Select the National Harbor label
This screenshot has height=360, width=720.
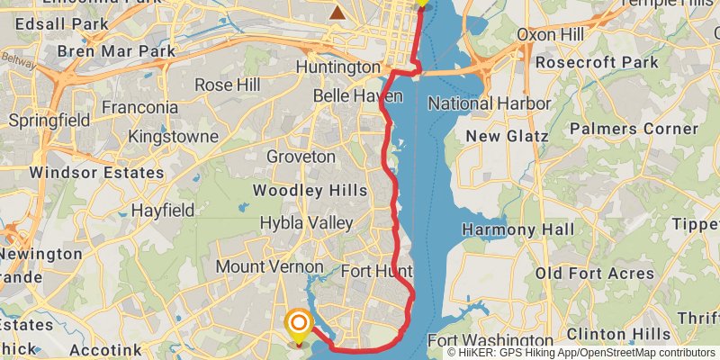click(x=489, y=103)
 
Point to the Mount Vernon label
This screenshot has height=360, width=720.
click(x=269, y=267)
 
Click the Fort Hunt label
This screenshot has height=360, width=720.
click(x=377, y=271)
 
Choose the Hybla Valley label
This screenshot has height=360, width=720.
click(x=306, y=222)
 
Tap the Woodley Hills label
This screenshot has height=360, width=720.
click(x=310, y=190)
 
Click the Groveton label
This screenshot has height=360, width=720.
click(x=301, y=157)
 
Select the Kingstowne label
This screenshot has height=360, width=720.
click(x=174, y=137)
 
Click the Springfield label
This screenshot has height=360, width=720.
click(x=47, y=120)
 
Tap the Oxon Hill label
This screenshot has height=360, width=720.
click(x=550, y=35)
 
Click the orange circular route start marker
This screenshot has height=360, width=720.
click(x=298, y=321)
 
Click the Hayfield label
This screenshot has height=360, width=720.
click(x=163, y=210)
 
